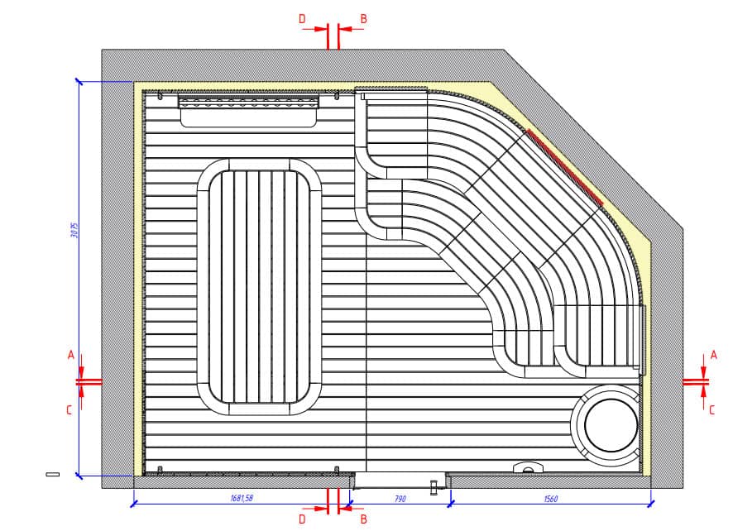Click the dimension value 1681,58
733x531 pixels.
242,498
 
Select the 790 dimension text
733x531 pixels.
400,499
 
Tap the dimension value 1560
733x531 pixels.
551,499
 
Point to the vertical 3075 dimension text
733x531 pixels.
74,230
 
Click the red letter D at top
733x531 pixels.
302,19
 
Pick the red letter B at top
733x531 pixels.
363,19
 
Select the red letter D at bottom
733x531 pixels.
302,519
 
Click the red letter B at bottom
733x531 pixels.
363,519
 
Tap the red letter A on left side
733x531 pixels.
71,355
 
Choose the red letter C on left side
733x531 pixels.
69,410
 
